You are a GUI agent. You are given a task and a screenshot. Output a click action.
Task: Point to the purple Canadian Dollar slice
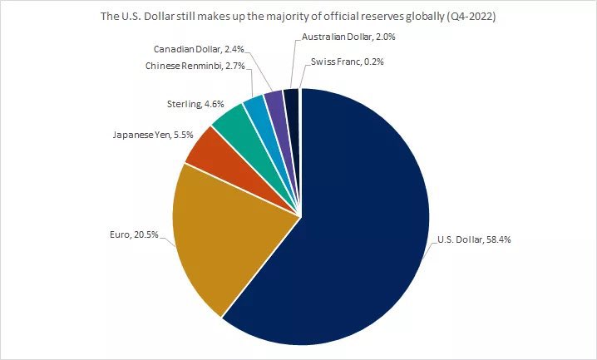pyautogui.click(x=275, y=102)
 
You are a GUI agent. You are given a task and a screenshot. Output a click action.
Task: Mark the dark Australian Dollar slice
pyautogui.click(x=291, y=100)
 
